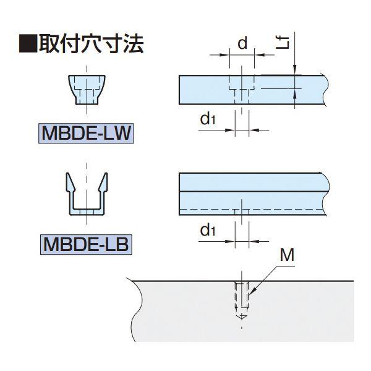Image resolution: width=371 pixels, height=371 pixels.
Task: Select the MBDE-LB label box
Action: [87, 243]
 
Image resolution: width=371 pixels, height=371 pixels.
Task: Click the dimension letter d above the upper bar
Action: [242, 43]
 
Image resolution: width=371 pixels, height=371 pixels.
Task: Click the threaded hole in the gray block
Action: [242, 297]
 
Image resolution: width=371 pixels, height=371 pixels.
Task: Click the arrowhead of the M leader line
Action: [251, 291]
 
